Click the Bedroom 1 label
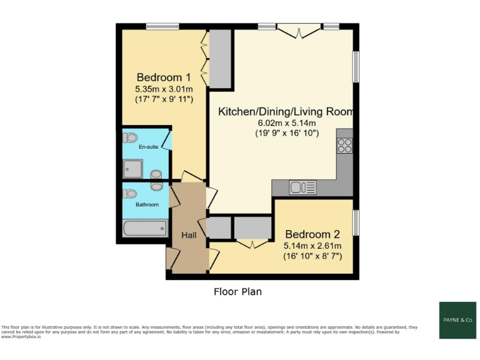(164, 77)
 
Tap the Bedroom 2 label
(312, 235)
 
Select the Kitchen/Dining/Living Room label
(286, 112)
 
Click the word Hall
(189, 235)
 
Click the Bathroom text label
(147, 204)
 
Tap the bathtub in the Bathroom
(145, 228)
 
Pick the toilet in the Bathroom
(130, 194)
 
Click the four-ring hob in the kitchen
(344, 146)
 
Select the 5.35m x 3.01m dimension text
(164, 89)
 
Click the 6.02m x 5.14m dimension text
(286, 123)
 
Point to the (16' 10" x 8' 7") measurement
(312, 256)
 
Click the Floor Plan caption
(237, 291)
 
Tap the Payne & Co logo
(457, 320)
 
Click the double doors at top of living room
(298, 30)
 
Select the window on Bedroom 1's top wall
(162, 26)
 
